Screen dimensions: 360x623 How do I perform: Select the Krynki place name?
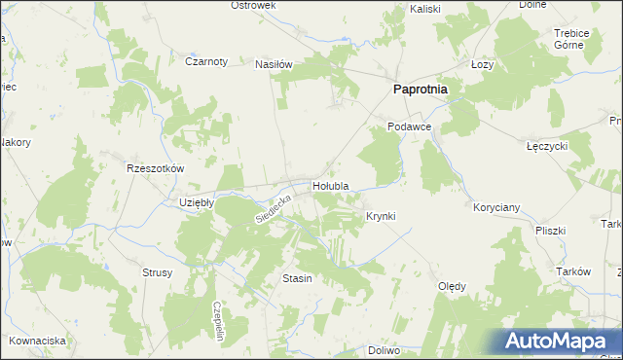pos(381,215)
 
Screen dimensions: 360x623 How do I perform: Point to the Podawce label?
pos(408,126)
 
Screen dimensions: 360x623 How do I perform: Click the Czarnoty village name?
pos(205,60)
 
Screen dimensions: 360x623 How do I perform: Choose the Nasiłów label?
pos(274,64)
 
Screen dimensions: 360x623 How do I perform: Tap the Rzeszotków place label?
pos(156,167)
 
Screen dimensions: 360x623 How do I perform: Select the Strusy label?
pos(157,272)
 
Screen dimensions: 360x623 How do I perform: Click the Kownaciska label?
pos(37,341)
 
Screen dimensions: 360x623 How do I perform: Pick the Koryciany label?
pos(496,207)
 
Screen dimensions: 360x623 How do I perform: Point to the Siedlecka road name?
pos(273,204)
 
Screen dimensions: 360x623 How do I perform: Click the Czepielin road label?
pos(219,318)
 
